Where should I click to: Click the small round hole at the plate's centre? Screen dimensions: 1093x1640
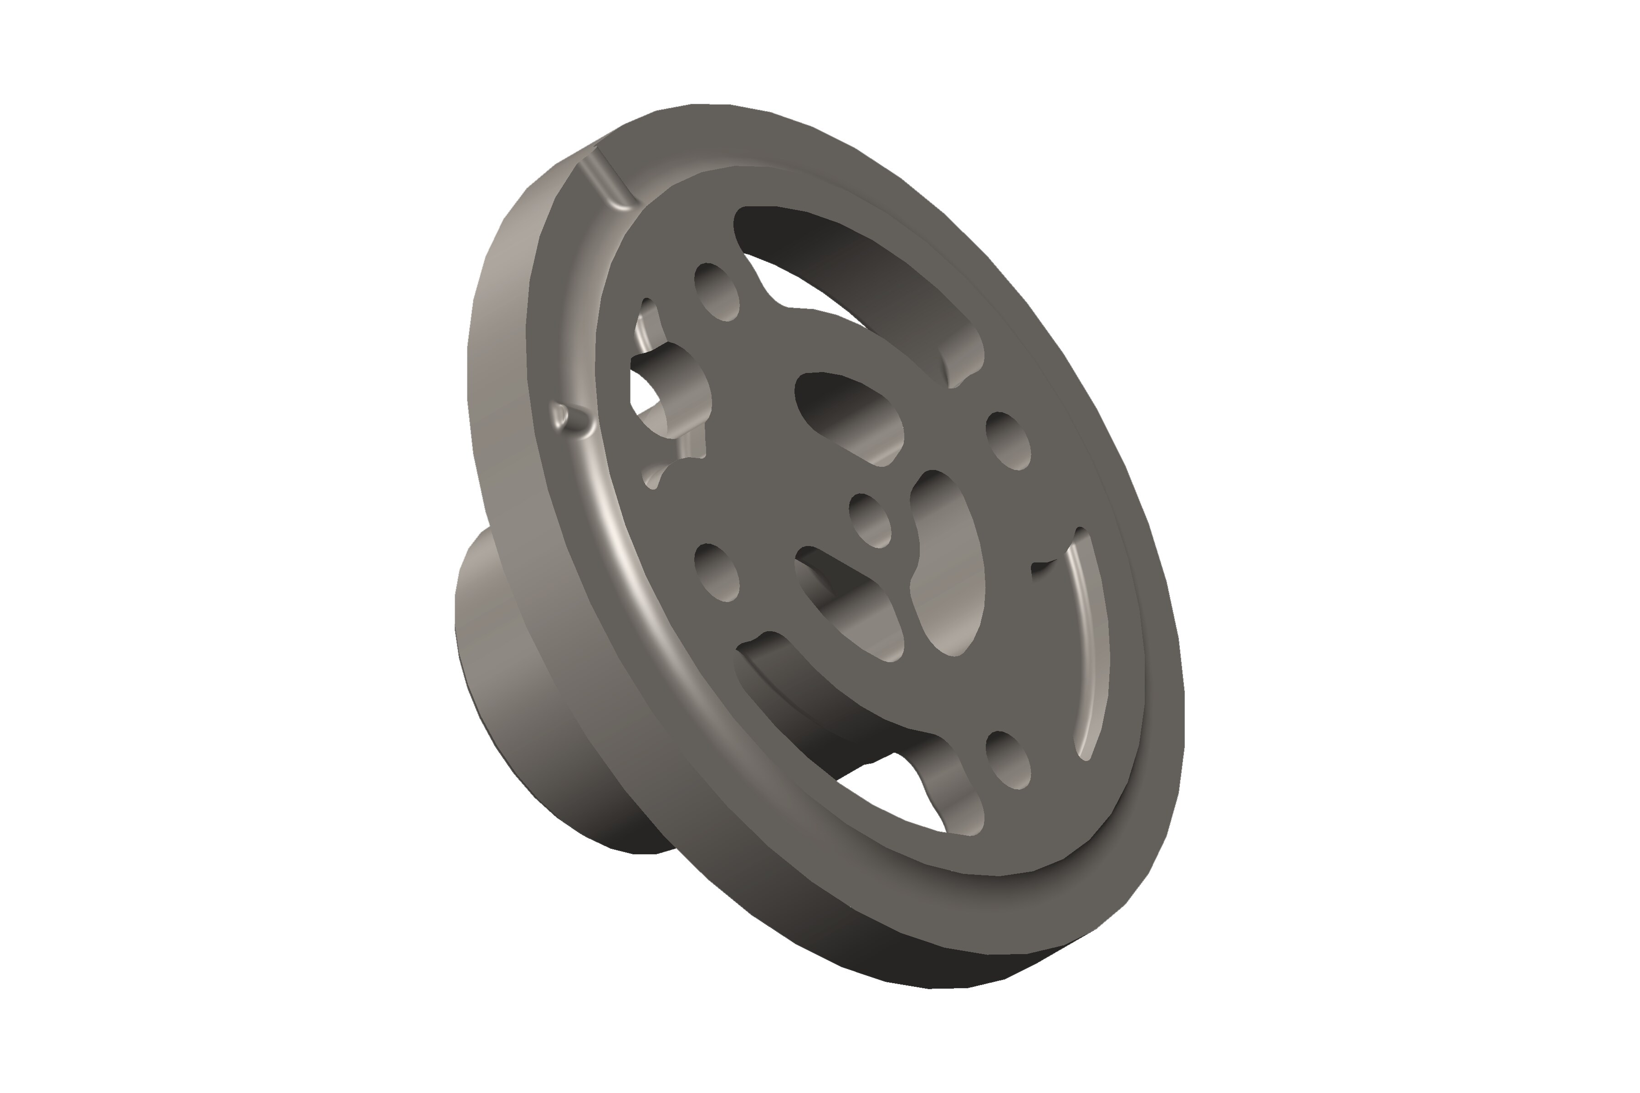[x=870, y=520]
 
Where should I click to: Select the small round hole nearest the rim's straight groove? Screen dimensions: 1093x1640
[x=717, y=292]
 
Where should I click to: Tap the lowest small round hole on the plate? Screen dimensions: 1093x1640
[x=1008, y=761]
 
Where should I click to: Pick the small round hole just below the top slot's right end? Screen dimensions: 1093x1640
[x=1008, y=440]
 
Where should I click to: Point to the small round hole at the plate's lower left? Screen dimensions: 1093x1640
[x=717, y=573]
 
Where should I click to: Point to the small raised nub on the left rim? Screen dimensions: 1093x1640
[x=561, y=416]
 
